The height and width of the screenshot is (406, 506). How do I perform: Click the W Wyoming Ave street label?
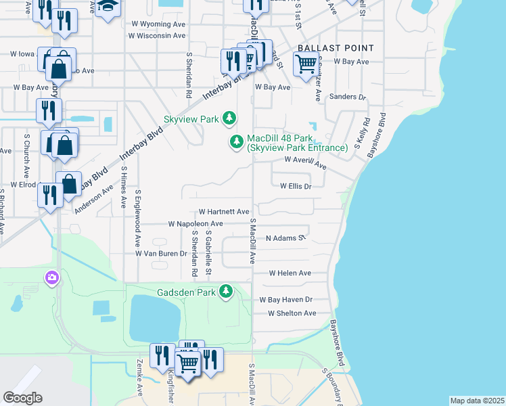[x=157, y=24]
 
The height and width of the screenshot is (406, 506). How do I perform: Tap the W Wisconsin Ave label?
[x=156, y=36]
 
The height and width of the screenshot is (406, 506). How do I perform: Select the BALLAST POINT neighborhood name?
[x=336, y=48]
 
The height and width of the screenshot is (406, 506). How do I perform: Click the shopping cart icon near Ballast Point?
[x=306, y=64]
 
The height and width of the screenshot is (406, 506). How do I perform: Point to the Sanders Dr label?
[x=347, y=97]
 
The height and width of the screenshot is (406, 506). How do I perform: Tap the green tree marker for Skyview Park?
[x=230, y=119]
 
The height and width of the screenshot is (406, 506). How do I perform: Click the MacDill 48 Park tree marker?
[x=237, y=141]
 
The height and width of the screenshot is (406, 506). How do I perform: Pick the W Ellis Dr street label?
[x=296, y=186]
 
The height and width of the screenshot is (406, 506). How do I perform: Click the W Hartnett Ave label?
[x=224, y=212]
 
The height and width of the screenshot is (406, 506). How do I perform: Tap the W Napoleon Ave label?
[x=195, y=224]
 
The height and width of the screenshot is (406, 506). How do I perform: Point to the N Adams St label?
[x=286, y=238]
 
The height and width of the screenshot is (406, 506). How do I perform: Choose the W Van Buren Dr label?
[x=161, y=253]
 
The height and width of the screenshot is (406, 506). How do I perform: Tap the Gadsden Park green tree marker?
[x=226, y=292]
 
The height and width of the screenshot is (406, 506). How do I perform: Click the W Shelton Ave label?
[x=292, y=313]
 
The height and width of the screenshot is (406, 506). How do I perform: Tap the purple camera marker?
[x=51, y=277]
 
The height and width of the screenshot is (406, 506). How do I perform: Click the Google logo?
[x=22, y=398]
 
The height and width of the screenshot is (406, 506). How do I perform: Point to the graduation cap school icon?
[x=107, y=7]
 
